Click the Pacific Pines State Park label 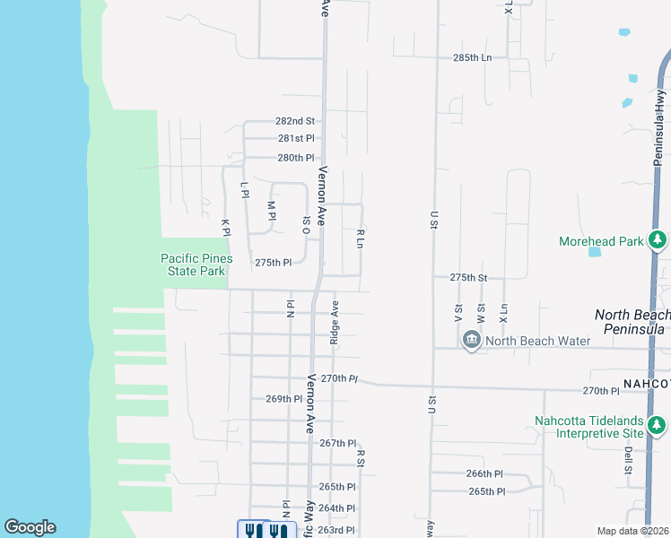(196, 265)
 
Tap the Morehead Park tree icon (658, 240)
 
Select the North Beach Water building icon (472, 340)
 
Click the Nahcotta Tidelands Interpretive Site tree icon (658, 423)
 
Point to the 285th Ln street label (473, 57)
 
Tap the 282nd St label (295, 121)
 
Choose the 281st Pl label (296, 138)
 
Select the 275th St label (468, 278)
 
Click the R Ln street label (360, 239)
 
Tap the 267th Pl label (338, 443)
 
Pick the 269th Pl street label (284, 398)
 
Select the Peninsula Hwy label (659, 108)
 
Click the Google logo (30, 527)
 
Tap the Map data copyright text (632, 531)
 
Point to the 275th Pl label (274, 263)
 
